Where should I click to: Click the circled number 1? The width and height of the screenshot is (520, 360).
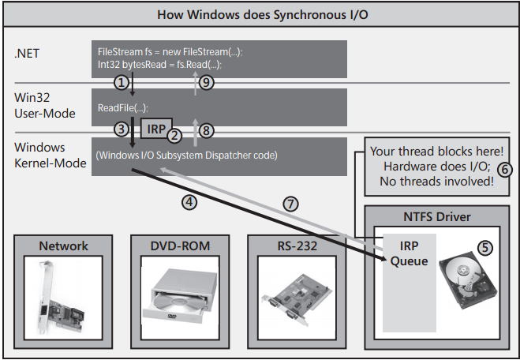(121, 81)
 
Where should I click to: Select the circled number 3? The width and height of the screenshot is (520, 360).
(121, 128)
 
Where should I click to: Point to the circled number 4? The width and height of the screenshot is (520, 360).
(188, 201)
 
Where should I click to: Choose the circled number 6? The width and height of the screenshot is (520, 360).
(507, 168)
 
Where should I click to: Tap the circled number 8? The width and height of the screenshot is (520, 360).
(206, 128)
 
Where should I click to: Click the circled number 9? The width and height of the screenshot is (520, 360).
(207, 82)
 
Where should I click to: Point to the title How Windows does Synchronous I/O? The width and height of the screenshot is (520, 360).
(260, 14)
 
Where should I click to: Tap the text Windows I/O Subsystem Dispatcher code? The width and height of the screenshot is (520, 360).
(186, 155)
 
